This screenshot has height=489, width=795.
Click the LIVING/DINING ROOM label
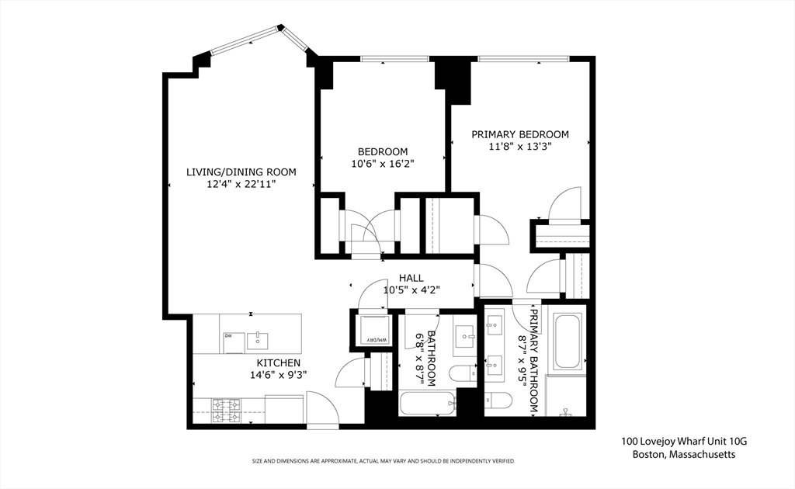[241, 172]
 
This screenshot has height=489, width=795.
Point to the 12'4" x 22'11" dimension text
[241, 185]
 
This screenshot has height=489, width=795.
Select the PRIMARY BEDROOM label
[520, 134]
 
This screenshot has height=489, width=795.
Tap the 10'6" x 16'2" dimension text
[382, 164]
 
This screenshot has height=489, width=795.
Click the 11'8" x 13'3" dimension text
[520, 147]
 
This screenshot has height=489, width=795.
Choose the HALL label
[411, 278]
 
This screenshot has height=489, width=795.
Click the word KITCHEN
[278, 362]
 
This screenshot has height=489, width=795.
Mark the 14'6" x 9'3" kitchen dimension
[278, 375]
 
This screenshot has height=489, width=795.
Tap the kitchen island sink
[257, 338]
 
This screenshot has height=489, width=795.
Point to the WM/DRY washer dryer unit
[375, 329]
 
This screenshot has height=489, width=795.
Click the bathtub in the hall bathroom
[427, 404]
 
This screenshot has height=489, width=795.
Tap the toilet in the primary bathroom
[498, 400]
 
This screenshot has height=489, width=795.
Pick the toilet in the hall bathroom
[463, 373]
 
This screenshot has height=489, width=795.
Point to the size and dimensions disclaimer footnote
[383, 461]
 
